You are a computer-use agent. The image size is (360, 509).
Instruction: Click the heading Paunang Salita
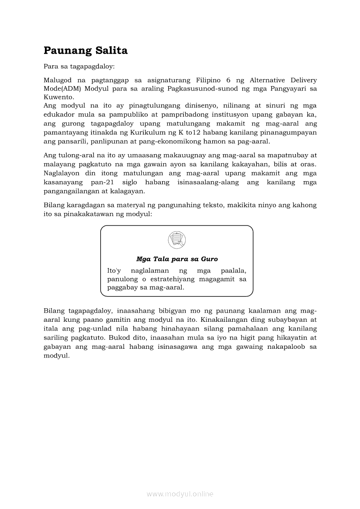pos(85,51)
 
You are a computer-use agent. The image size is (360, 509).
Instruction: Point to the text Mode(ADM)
pos(62,89)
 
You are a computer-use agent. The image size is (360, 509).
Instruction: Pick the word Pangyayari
pos(283,89)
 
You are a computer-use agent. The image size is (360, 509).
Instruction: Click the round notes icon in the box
pos(177,240)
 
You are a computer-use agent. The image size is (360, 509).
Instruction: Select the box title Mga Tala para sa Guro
pos(177,259)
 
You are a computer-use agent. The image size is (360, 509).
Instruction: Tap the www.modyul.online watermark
pos(180,494)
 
